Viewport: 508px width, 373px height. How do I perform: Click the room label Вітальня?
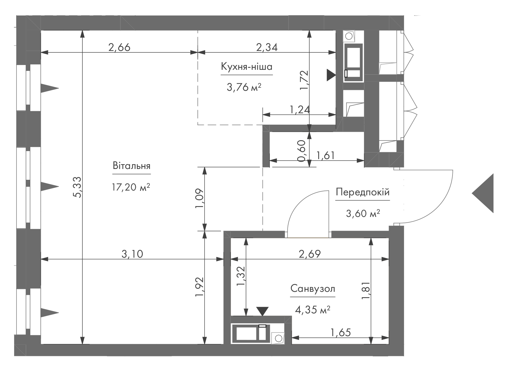click(x=132, y=166)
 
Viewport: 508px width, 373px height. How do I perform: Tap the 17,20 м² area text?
click(x=131, y=187)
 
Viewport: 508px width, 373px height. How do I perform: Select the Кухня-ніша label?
click(x=247, y=67)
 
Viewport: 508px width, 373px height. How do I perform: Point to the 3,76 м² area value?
click(x=244, y=87)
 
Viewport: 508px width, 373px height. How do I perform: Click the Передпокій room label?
click(x=363, y=192)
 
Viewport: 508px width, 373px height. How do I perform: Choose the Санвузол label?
click(x=313, y=289)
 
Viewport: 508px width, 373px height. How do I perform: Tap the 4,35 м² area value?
click(x=312, y=310)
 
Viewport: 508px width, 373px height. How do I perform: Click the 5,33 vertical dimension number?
click(x=78, y=187)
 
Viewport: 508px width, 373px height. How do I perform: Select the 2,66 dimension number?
click(x=119, y=47)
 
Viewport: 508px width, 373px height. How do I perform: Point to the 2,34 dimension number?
click(x=267, y=47)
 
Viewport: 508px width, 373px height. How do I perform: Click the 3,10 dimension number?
click(x=132, y=254)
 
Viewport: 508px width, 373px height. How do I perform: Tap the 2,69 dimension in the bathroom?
click(x=310, y=254)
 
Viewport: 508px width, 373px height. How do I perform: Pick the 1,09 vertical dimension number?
click(x=200, y=198)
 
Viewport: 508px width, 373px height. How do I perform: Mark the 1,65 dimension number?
click(x=341, y=333)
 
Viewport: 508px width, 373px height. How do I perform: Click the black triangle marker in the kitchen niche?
click(x=331, y=75)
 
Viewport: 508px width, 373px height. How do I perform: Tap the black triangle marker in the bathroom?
click(x=262, y=311)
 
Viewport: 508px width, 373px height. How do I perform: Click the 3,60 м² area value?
click(x=363, y=214)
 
